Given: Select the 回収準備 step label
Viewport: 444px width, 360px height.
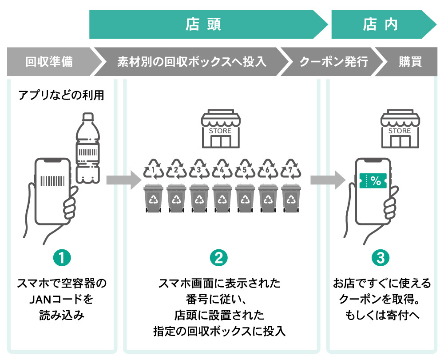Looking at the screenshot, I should [x=49, y=62].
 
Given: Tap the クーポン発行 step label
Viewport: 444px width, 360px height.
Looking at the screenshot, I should [x=333, y=62].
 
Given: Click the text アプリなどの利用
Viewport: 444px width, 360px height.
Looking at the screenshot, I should [x=61, y=95].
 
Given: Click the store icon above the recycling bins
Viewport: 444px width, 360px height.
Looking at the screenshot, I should [x=220, y=129].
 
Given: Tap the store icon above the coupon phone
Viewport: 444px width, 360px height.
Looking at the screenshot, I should [x=399, y=129].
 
